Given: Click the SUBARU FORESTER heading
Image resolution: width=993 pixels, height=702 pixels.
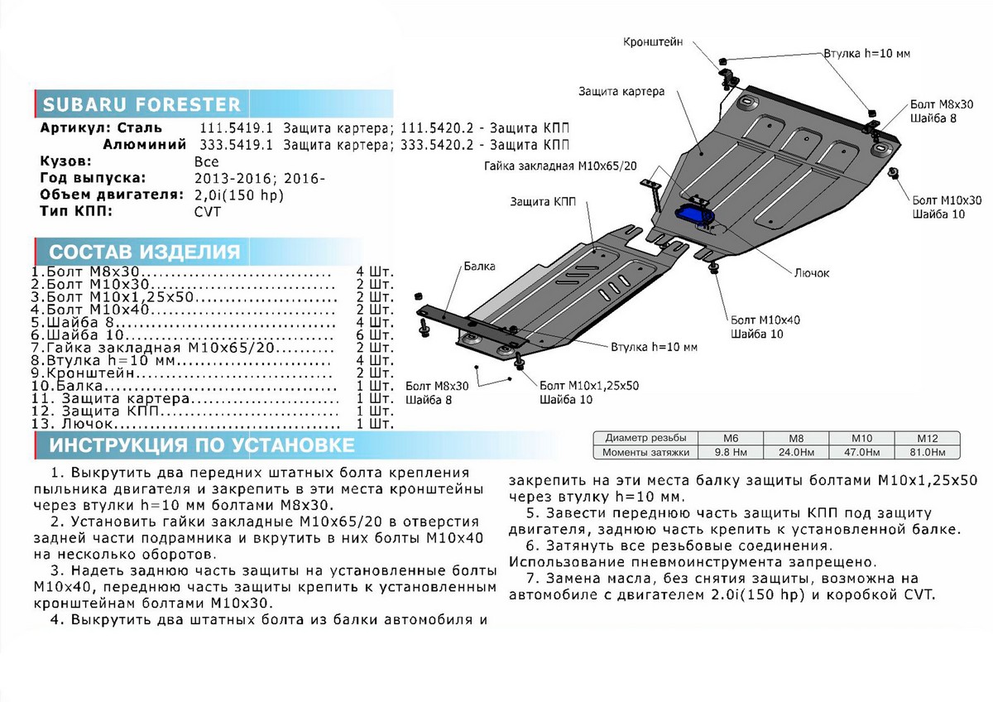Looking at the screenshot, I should tap(142, 105).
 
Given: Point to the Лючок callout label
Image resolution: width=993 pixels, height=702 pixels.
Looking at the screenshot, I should tap(813, 272).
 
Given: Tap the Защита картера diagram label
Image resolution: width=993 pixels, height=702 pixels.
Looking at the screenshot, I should tap(621, 92).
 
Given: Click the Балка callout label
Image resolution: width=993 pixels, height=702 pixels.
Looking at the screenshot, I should tap(479, 267).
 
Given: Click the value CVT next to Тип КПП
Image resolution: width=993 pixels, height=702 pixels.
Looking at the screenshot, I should tap(209, 210).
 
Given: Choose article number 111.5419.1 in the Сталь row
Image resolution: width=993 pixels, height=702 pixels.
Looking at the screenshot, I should tap(235, 128).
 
